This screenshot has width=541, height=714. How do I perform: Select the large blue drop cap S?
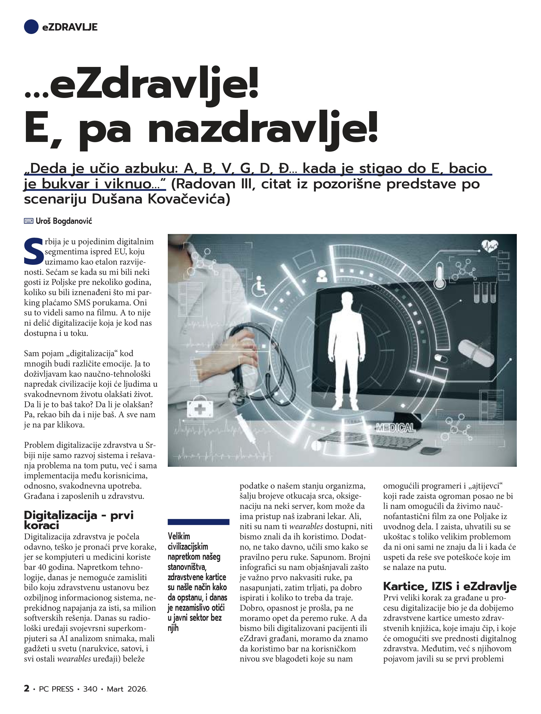[33, 251]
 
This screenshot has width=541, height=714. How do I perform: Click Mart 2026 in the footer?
[127, 689]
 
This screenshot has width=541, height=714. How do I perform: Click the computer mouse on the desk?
[432, 450]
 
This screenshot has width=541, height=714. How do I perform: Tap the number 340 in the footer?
[90, 689]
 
